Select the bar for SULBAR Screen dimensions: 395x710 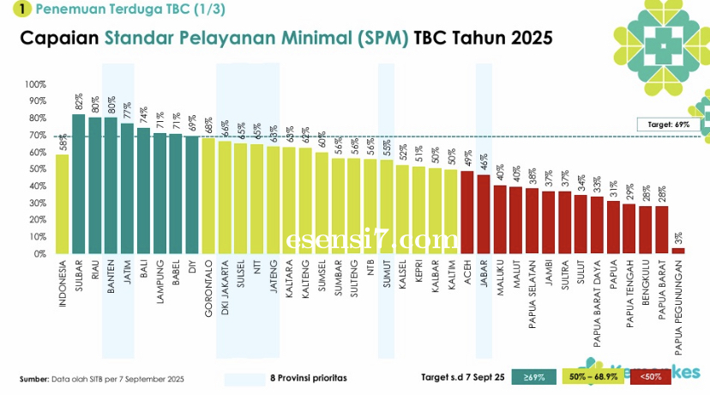pyautogui.click(x=78, y=185)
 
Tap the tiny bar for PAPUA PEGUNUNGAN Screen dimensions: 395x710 pyautogui.click(x=677, y=251)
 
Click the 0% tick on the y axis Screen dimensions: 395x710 pyautogui.click(x=38, y=254)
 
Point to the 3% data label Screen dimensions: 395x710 pyautogui.click(x=677, y=236)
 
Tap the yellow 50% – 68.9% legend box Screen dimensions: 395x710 pyautogui.click(x=593, y=377)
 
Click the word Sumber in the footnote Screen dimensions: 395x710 pyautogui.click(x=33, y=379)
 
